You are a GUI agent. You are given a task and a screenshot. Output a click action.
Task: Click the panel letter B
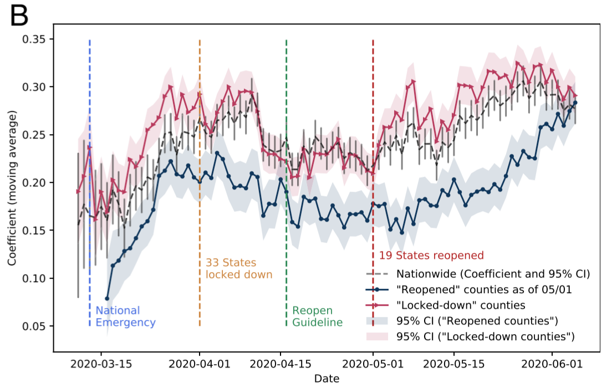click(19, 17)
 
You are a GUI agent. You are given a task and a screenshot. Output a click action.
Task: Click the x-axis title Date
click(327, 379)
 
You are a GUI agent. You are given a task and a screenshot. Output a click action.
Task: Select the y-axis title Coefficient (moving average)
click(12, 188)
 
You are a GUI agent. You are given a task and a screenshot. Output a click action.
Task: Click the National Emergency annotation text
click(125, 316)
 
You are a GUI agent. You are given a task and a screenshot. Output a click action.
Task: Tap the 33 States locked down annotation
click(239, 268)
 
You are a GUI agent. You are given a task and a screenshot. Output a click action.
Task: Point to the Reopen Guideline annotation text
click(317, 316)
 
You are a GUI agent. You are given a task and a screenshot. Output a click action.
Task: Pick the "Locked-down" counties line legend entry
click(460, 304)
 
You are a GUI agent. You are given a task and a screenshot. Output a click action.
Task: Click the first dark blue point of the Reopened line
click(107, 298)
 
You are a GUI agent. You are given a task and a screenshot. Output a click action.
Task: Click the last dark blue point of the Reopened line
click(575, 103)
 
